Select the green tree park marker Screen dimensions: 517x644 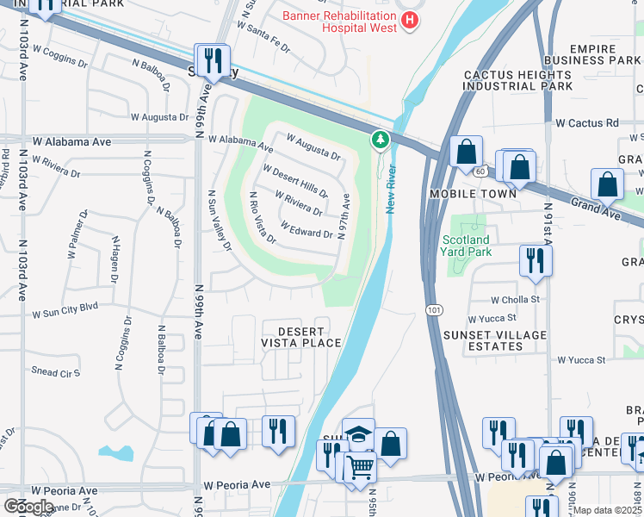tap(379, 139)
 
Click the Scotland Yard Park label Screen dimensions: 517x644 tap(466, 246)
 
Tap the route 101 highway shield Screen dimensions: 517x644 tap(431, 308)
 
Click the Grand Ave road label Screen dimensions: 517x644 tap(595, 208)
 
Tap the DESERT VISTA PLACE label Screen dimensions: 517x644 tap(301, 337)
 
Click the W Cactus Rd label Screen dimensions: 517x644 tap(587, 123)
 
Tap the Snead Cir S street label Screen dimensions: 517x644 tap(55, 372)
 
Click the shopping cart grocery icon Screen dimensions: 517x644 tap(360, 468)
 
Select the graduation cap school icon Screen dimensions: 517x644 tap(358, 434)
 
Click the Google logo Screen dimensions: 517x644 tap(29, 507)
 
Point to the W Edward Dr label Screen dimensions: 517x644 tap(307, 229)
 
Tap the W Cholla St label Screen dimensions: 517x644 tap(515, 300)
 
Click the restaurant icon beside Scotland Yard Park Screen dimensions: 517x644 tap(535, 259)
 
